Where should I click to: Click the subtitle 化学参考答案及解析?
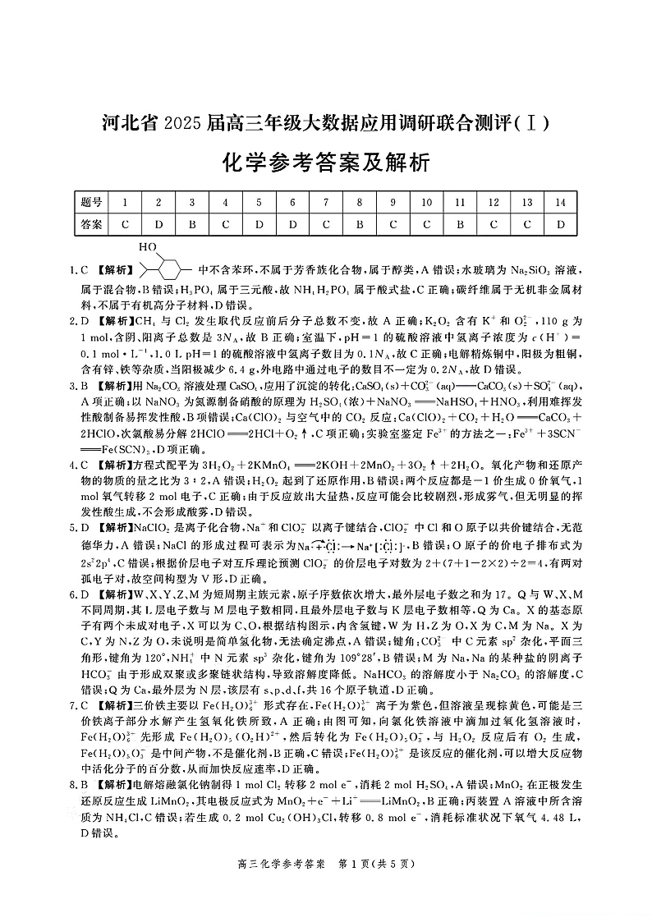(325, 163)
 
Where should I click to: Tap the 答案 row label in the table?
(91, 223)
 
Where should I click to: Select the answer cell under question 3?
(191, 223)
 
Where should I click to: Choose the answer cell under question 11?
(460, 223)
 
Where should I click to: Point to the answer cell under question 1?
(125, 223)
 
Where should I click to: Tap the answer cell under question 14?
(561, 223)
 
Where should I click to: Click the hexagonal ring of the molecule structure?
(170, 268)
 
